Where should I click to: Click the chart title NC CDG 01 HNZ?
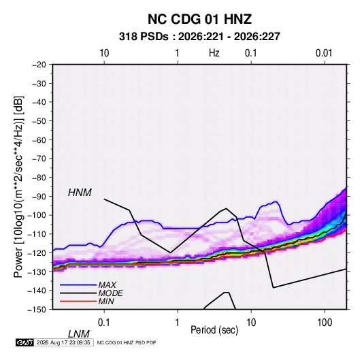coord(199,19)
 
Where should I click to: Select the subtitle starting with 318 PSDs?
coord(199,37)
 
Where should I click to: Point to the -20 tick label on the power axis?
coord(39,65)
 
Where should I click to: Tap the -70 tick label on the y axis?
coord(39,159)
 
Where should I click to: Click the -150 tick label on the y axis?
coord(37,310)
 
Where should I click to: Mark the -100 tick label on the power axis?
coord(37,215)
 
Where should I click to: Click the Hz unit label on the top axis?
coord(214,53)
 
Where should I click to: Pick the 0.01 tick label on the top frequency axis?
coord(324,53)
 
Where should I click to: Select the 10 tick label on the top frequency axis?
coord(104,53)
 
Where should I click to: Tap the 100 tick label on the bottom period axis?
coord(325,323)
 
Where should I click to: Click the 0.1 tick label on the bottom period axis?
coord(104,323)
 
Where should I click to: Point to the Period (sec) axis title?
coord(214,330)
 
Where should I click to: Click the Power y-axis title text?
coord(18,187)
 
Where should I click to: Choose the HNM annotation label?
coord(80,193)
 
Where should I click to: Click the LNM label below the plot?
coord(78,334)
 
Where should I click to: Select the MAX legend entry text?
coord(107,284)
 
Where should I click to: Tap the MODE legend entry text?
coord(110,293)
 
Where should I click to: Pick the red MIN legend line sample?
coord(78,301)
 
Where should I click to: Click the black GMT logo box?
coord(24,342)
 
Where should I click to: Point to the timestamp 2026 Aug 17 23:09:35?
coord(63,342)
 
